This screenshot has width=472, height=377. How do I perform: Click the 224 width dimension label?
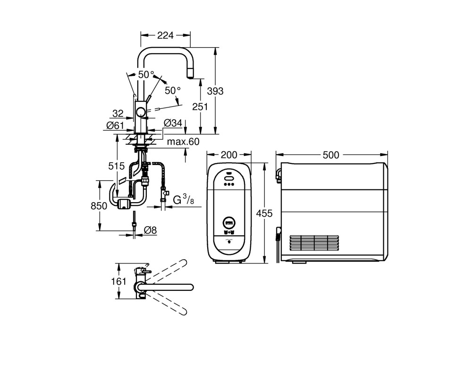tap(165, 35)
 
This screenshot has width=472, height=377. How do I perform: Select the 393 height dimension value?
tap(215, 91)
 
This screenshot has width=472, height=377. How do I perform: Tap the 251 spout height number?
tap(200, 107)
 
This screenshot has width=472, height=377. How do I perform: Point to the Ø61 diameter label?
tap(115, 125)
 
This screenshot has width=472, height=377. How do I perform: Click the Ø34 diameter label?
tap(173, 123)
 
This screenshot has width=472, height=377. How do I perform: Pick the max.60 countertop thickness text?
tap(183, 141)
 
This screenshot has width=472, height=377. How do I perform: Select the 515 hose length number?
tap(117, 166)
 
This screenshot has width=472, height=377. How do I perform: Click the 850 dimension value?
tap(99, 205)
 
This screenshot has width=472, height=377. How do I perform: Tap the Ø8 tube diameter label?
tap(150, 230)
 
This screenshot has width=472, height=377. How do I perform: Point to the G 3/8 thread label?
tap(184, 200)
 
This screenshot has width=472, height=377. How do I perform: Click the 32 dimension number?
tap(118, 114)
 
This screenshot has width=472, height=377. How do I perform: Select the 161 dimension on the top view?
tap(118, 281)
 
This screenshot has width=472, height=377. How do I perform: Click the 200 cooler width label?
tap(229, 155)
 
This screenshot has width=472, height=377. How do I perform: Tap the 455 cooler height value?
tap(264, 213)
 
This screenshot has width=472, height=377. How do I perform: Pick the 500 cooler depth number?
tap(331, 155)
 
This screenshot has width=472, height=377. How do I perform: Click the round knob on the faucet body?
tap(140, 113)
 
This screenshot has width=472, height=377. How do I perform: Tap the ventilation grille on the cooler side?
tap(314, 243)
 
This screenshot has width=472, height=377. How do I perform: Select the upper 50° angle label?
tap(146, 74)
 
